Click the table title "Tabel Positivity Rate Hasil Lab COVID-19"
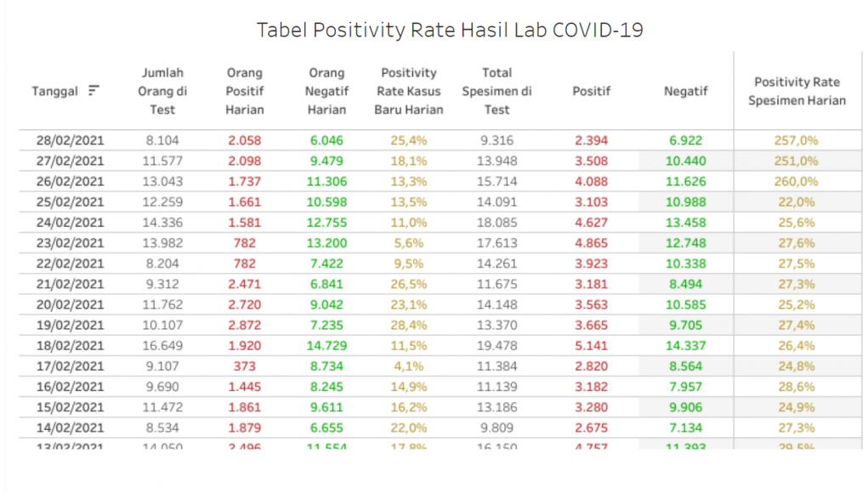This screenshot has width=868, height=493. point(450,31)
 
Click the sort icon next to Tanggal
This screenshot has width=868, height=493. point(94,91)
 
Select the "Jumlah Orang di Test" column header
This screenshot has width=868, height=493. point(162,91)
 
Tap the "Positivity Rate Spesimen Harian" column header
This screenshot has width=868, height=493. point(797,91)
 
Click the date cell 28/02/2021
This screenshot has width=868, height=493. point(70,140)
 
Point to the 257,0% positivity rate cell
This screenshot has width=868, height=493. point(796,140)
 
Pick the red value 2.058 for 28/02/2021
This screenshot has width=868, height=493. point(245,140)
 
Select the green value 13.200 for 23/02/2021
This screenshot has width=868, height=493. point(326,243)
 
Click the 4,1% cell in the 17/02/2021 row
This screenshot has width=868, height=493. point(409,366)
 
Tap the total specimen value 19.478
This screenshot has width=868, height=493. point(496,346)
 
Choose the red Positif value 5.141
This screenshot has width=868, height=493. point(591,346)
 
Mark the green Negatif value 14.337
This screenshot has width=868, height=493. point(686,346)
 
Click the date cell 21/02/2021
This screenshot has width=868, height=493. point(70,284)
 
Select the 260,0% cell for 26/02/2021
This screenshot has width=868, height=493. point(796,181)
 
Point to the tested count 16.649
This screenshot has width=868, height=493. point(162,346)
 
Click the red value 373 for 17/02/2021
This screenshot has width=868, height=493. point(245,366)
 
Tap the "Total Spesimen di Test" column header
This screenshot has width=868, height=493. point(496,91)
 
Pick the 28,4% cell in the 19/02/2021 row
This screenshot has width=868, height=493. point(409,326)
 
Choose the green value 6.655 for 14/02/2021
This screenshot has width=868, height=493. point(326,428)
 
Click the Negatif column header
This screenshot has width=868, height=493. point(686,91)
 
